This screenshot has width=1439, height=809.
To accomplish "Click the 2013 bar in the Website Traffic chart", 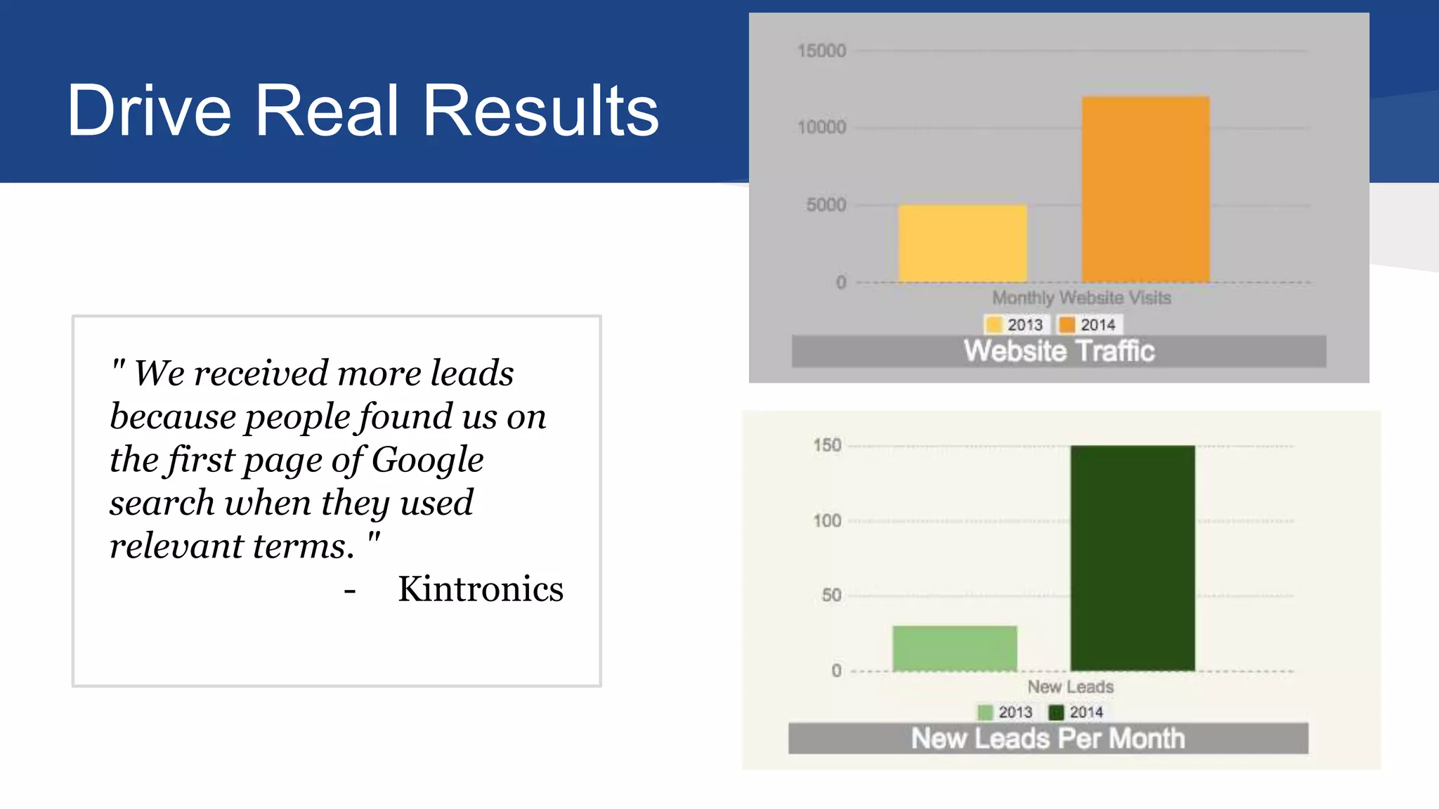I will [x=962, y=243].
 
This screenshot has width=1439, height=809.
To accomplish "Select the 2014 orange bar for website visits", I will [x=1145, y=190].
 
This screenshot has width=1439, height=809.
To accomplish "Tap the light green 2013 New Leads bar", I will [x=954, y=648].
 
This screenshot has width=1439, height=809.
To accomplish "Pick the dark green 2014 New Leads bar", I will [x=1132, y=558].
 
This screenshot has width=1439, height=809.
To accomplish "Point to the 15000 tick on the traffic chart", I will [x=821, y=51].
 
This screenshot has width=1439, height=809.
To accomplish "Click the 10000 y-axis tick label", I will [x=821, y=127].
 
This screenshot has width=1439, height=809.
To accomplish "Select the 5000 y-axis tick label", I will [x=826, y=205].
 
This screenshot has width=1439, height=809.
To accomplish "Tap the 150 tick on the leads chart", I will [x=827, y=445].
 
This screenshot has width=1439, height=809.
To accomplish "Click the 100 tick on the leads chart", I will [x=827, y=521].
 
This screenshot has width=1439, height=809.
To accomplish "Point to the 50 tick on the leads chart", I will [x=831, y=596].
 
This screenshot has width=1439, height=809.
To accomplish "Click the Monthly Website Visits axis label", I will [x=1081, y=298].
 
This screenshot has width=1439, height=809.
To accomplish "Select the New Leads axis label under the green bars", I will [x=1070, y=687].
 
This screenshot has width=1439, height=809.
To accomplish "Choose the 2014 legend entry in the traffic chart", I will [x=1088, y=324].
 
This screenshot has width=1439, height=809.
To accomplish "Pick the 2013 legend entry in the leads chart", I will [x=1005, y=712].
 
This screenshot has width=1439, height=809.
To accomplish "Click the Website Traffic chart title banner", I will [x=1059, y=351].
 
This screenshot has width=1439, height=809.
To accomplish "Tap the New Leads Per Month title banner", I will [x=1048, y=739].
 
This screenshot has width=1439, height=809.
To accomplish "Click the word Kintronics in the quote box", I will [x=481, y=588].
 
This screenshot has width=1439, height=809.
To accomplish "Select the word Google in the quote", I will [x=427, y=461].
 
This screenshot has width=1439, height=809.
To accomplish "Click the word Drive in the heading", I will [x=149, y=110].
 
